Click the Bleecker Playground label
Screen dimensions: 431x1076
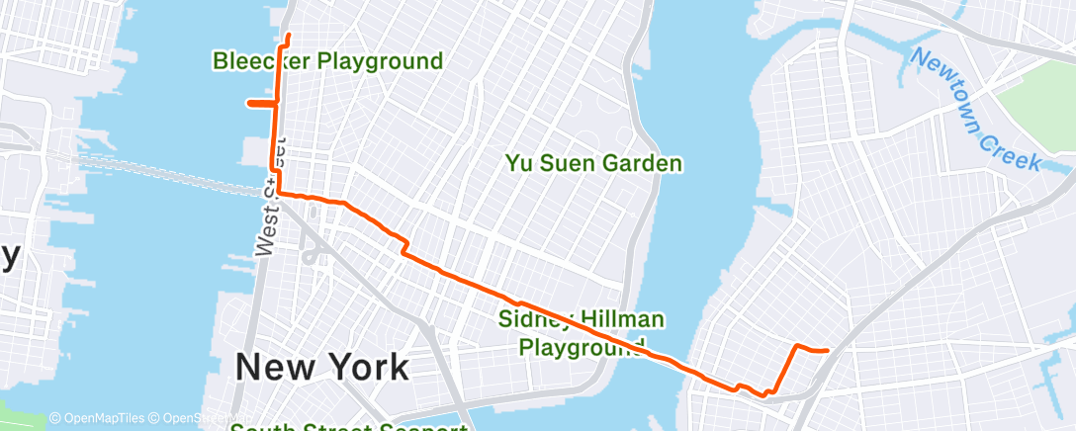tap(327, 61)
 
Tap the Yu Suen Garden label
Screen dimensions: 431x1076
tap(593, 163)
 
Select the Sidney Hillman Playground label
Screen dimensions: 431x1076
tap(582, 333)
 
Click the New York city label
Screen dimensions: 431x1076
tap(321, 368)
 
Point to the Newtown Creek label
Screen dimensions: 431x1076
tap(974, 111)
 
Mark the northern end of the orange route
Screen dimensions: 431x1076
tap(288, 37)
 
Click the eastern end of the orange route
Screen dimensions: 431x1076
tap(826, 351)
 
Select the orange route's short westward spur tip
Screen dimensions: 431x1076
tap(247, 102)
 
